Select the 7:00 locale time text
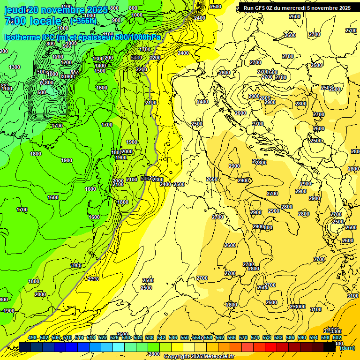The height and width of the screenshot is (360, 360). [x=33, y=22]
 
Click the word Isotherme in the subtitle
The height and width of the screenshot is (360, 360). [x=22, y=37]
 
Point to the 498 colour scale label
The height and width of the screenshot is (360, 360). [x=32, y=337]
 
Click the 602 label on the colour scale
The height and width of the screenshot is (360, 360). [x=337, y=337]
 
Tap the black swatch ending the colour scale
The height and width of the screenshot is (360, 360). [x=330, y=347]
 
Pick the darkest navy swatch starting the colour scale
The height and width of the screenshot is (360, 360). [x=25, y=347]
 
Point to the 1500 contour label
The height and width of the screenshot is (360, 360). [x=100, y=71]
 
